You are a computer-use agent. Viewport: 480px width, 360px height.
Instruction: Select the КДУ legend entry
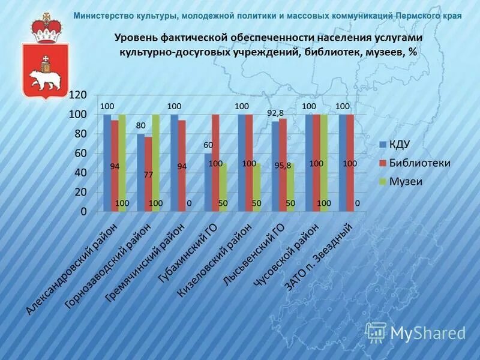click(398, 144)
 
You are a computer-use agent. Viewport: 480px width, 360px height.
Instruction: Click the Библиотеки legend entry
click(420, 163)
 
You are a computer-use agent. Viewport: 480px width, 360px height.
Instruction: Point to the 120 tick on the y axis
click(78, 95)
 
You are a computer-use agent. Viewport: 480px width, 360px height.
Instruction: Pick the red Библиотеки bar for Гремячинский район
click(182, 166)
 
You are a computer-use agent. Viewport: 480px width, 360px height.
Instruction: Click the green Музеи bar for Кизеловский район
click(257, 187)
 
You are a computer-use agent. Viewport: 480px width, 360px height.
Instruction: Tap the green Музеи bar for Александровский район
click(122, 163)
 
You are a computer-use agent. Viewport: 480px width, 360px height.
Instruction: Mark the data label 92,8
click(275, 113)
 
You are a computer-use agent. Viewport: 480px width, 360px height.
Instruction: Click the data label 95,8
click(283, 166)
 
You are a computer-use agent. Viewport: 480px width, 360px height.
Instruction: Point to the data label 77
click(148, 175)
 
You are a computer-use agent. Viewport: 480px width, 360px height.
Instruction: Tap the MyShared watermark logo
click(416, 332)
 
